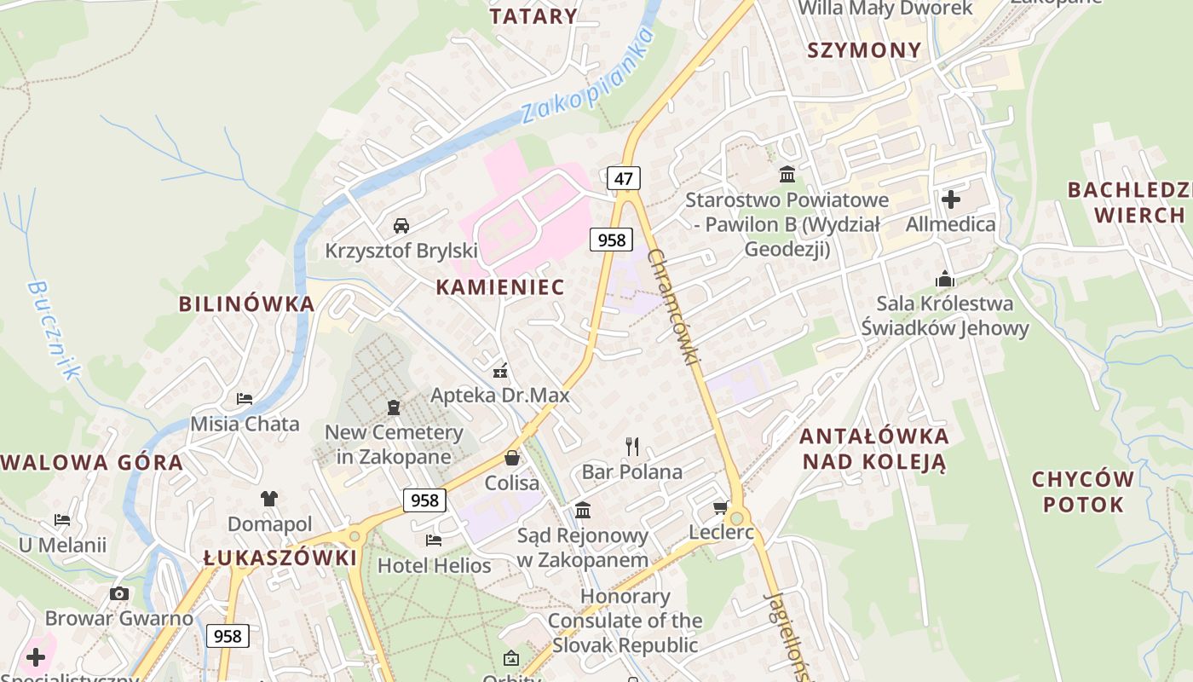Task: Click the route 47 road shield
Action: click(x=624, y=178)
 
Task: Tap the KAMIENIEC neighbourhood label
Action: click(x=500, y=287)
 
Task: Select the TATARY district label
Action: click(x=534, y=16)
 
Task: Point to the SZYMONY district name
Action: click(x=864, y=50)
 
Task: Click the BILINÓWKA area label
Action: click(x=246, y=303)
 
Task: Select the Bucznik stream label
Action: click(x=54, y=330)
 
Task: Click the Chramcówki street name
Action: click(x=673, y=308)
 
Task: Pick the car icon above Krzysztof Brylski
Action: click(x=401, y=226)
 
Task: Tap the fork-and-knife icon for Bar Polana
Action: click(x=632, y=446)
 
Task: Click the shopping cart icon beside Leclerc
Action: click(x=720, y=508)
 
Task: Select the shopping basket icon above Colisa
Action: click(x=512, y=458)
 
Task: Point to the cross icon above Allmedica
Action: click(x=951, y=199)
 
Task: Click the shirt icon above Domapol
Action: click(x=269, y=499)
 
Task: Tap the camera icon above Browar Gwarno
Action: click(x=119, y=593)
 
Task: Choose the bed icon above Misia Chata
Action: click(x=245, y=398)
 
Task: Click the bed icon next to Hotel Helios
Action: click(x=434, y=540)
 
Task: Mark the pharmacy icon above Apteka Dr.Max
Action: click(x=500, y=371)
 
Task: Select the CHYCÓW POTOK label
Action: click(x=1083, y=491)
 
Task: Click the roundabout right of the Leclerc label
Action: click(x=737, y=517)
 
